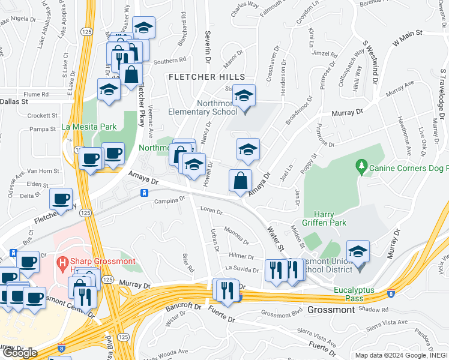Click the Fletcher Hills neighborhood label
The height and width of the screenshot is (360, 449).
206,77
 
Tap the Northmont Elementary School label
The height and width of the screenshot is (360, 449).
202,107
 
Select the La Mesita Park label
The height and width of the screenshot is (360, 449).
89,127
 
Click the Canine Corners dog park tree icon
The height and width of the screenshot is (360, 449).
361,164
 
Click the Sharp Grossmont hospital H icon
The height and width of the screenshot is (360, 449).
61,262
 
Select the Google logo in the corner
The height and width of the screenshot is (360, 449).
20,352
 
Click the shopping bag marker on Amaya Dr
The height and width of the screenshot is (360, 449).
240,180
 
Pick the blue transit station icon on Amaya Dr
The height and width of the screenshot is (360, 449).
144,193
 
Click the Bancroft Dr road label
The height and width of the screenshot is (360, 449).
183,307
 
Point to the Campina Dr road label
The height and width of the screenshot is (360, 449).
169,202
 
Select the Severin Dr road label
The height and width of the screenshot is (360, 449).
207,48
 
